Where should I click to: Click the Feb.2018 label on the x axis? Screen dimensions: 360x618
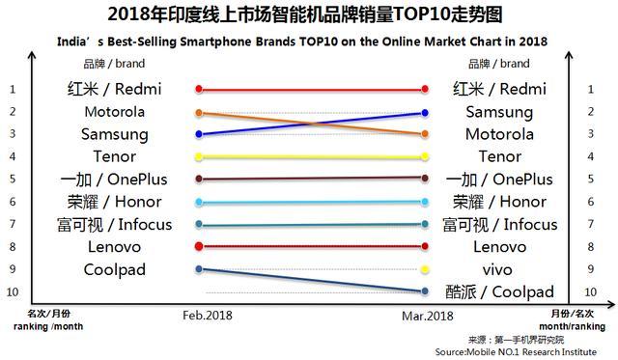point(208,316)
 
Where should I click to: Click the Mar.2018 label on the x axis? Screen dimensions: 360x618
point(427,316)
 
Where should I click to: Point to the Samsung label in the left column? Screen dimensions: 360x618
point(115,134)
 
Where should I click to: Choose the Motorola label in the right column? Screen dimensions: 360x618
point(499,134)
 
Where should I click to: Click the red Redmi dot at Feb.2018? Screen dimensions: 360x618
point(199,90)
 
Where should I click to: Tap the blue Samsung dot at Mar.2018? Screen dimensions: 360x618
point(426,113)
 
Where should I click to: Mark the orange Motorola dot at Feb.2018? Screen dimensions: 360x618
point(199,113)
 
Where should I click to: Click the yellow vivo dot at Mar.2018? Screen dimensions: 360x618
point(426,269)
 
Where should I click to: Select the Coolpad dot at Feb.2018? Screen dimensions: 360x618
point(199,269)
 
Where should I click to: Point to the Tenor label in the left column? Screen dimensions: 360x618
point(114,156)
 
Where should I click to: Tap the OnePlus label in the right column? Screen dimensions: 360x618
point(499,180)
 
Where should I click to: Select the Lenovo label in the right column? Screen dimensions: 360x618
point(499,247)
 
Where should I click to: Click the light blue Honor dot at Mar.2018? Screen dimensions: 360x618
point(426,203)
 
